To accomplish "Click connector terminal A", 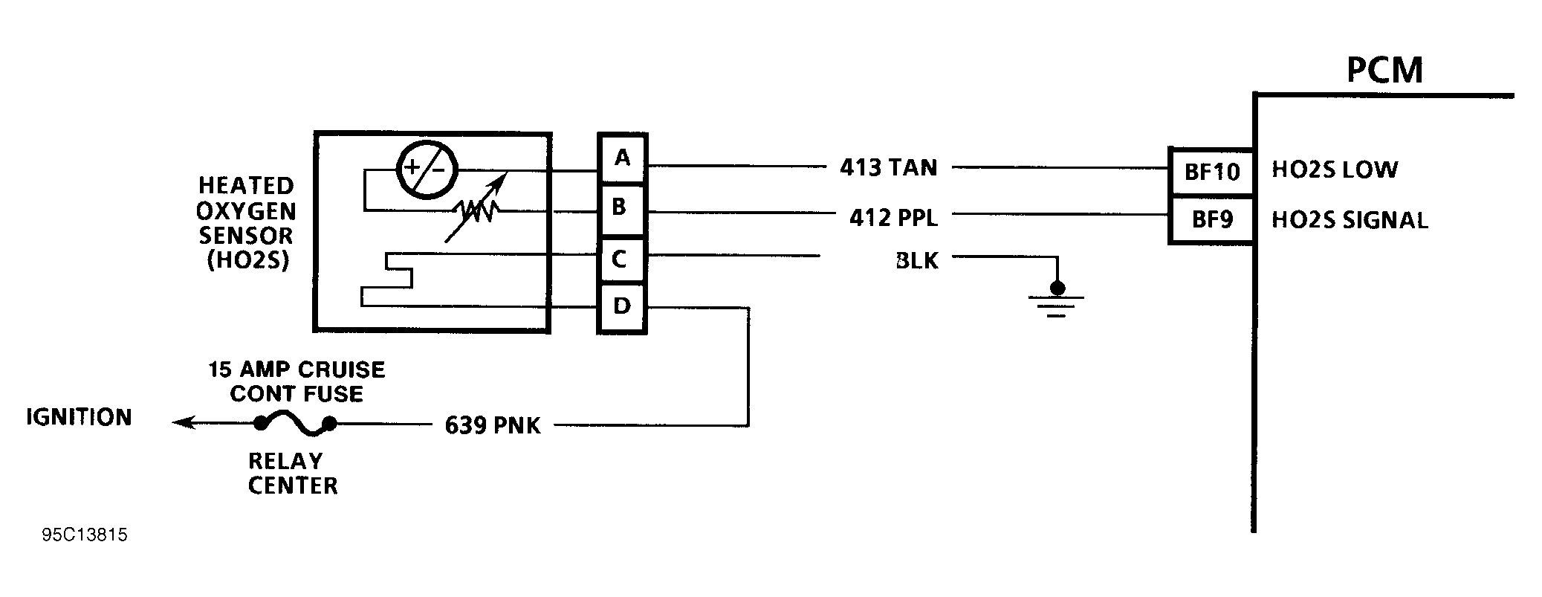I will [x=622, y=158].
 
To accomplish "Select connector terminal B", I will [x=622, y=208].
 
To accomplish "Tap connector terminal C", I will [x=622, y=259].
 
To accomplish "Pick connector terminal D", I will [x=622, y=306].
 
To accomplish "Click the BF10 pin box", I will [x=1211, y=172].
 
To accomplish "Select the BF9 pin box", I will [x=1211, y=220].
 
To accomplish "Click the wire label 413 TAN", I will [x=888, y=167].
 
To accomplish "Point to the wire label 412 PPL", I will [x=893, y=218].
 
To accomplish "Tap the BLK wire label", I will [x=917, y=261].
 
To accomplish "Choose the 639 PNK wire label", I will [x=493, y=425].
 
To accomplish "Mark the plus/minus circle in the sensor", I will [x=427, y=169].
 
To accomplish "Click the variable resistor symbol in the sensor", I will [x=477, y=211].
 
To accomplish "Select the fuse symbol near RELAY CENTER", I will [x=295, y=425].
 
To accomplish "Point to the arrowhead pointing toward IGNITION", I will [x=182, y=423].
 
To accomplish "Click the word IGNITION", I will [x=79, y=417].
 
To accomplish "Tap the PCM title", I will [x=1384, y=71].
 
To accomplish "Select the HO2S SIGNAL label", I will [x=1350, y=221].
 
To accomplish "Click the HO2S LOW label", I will [x=1334, y=170].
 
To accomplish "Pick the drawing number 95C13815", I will [x=85, y=535].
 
